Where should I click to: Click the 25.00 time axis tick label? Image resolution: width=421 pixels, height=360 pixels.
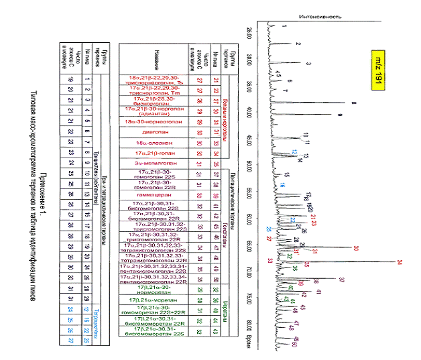tap(249, 31)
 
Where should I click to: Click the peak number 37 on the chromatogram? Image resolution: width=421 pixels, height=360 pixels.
tap(341, 280)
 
